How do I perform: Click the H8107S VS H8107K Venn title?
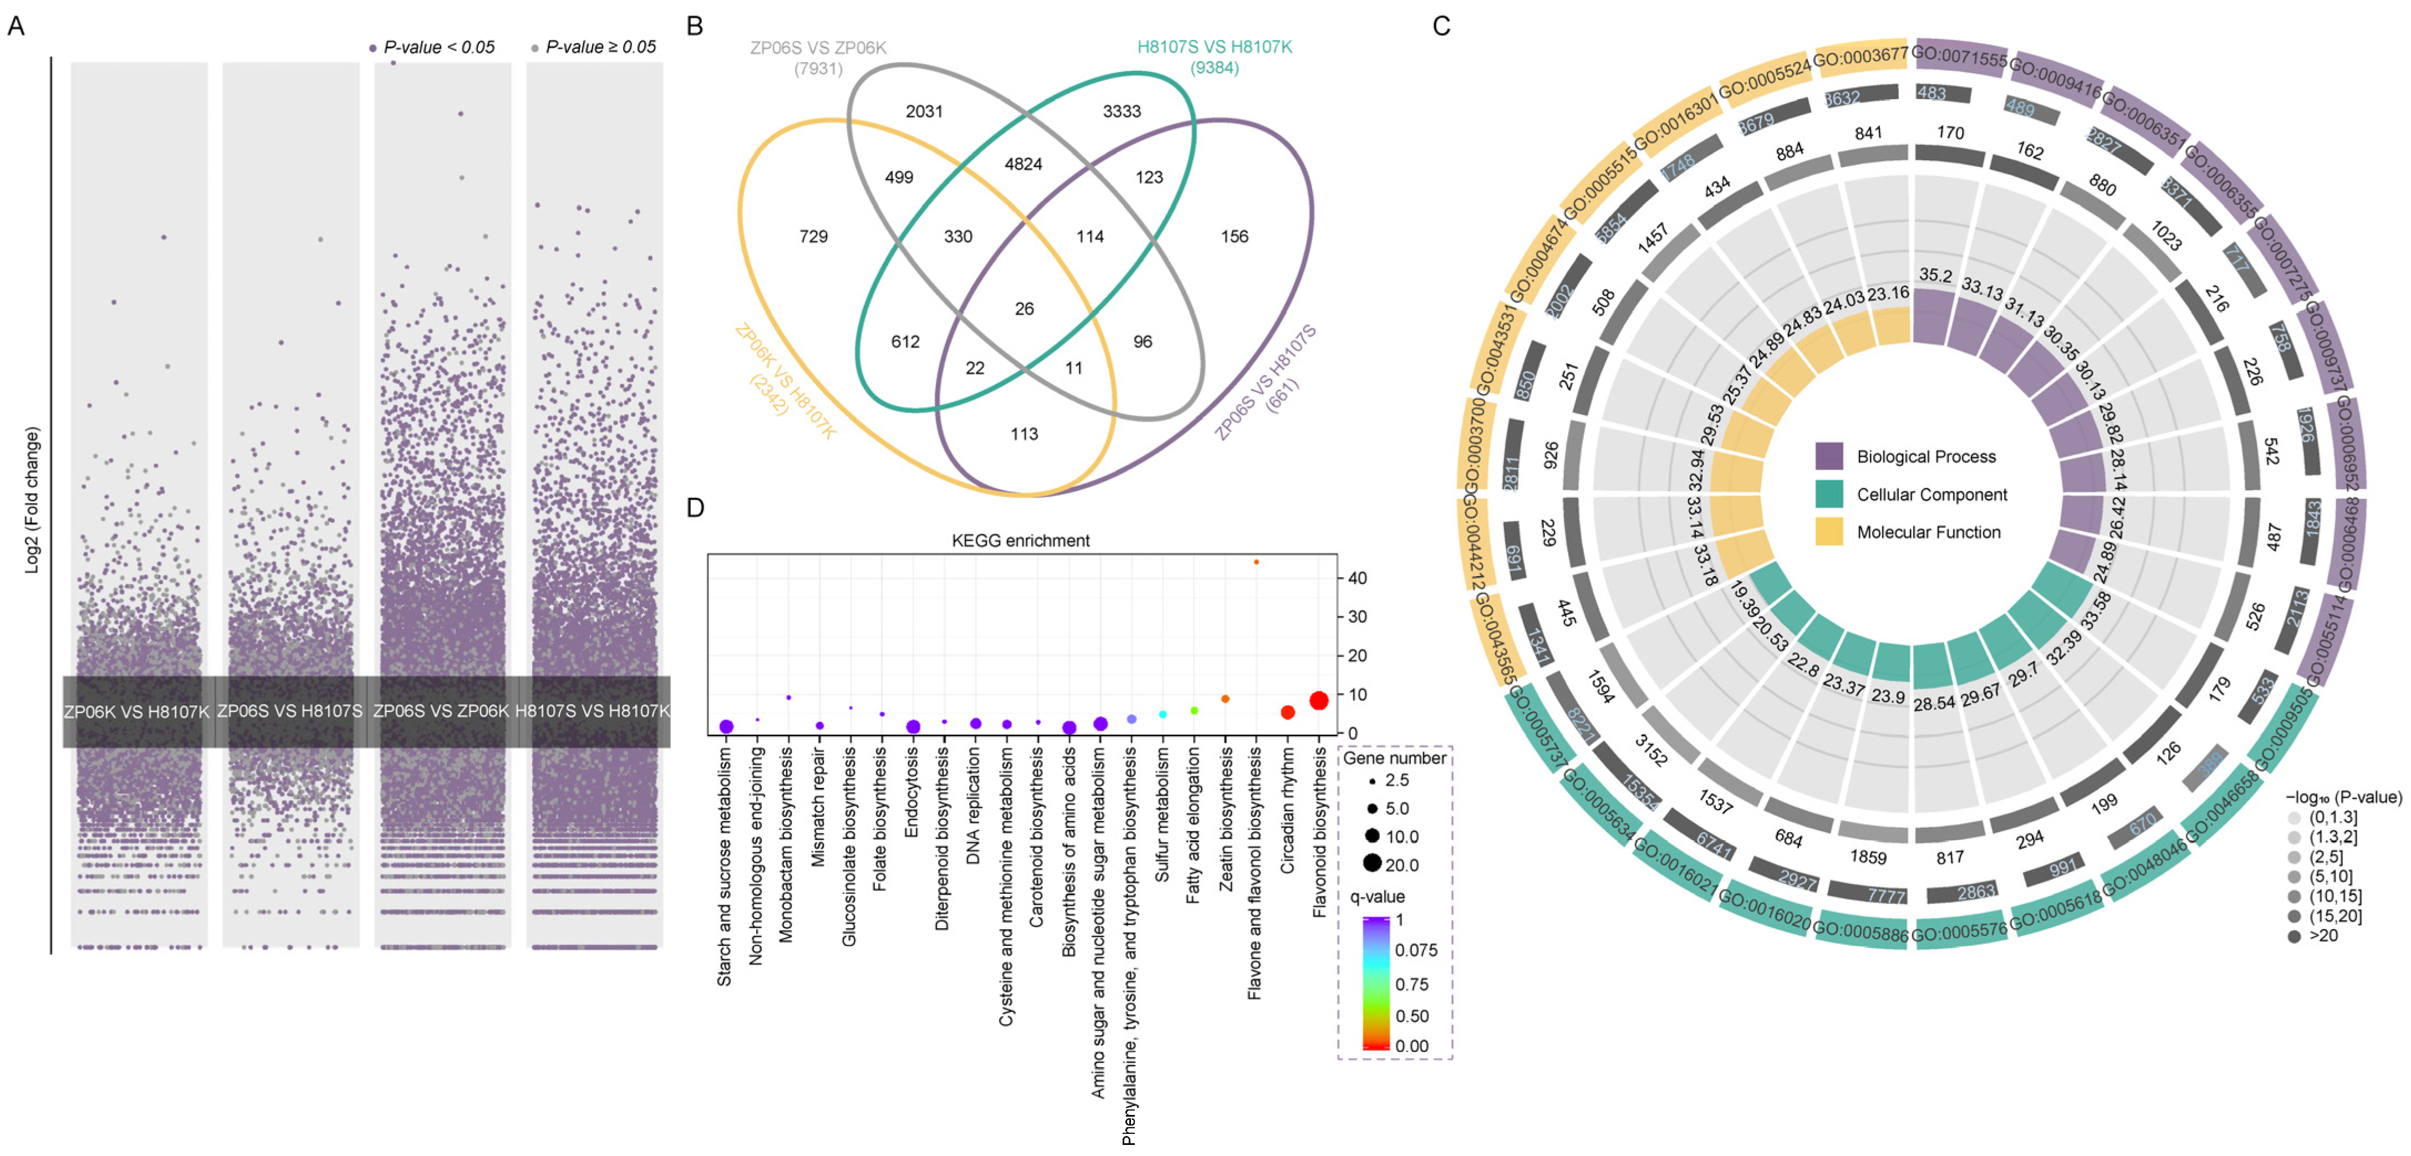click(1214, 47)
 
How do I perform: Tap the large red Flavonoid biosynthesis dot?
click(1319, 700)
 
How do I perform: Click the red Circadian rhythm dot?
click(1287, 712)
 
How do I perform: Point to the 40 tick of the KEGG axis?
click(1357, 578)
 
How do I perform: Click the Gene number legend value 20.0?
click(1401, 865)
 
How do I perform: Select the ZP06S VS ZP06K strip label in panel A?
click(441, 711)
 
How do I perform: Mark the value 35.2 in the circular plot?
click(1935, 275)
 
